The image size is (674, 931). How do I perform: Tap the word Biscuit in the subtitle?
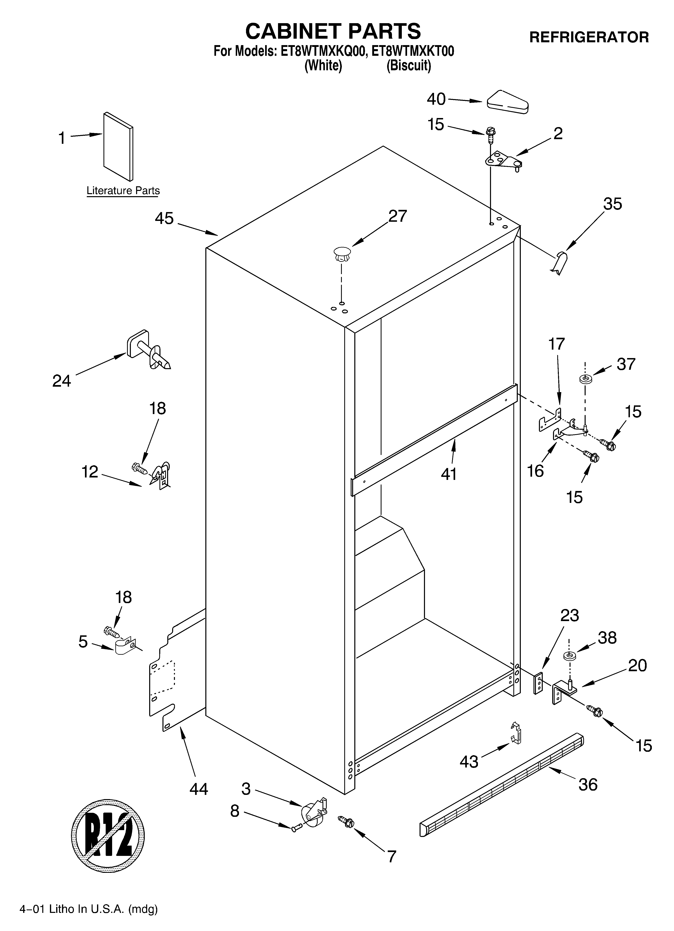[409, 66]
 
